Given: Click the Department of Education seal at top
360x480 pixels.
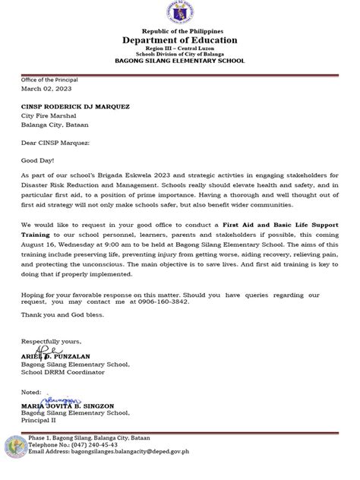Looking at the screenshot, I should [x=181, y=14].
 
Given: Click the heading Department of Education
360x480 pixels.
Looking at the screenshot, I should [x=181, y=40].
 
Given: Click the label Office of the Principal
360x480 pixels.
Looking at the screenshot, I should [x=50, y=80].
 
